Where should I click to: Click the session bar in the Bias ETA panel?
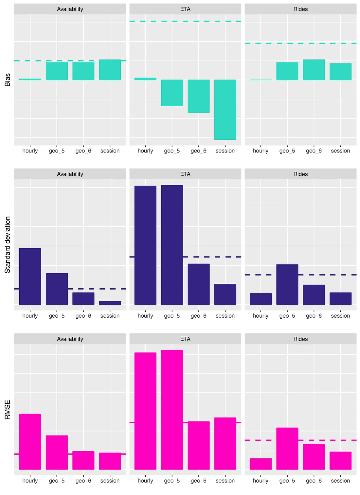click(x=225, y=110)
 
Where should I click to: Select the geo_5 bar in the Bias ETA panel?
click(x=172, y=93)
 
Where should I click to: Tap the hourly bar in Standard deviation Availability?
click(x=30, y=276)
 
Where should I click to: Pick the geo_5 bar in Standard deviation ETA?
click(x=172, y=245)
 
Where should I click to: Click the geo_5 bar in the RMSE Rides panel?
click(x=287, y=449)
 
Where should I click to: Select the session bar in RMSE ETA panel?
click(x=225, y=443)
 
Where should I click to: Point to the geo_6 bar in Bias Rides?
click(x=314, y=70)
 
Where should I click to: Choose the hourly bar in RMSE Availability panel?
click(x=30, y=442)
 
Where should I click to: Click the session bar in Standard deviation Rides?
click(x=340, y=298)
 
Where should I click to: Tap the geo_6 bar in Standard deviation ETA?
click(x=199, y=284)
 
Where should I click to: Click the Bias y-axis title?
click(x=7, y=80)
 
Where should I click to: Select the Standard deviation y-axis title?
click(x=7, y=245)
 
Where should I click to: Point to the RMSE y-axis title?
click(x=7, y=410)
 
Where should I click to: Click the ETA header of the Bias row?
click(x=185, y=9)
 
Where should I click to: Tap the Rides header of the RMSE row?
click(x=300, y=339)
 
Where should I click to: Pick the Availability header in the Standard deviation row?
click(x=70, y=174)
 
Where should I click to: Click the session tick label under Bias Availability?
click(x=110, y=151)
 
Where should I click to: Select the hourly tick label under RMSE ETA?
click(x=145, y=481)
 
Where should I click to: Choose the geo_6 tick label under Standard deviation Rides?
click(x=314, y=316)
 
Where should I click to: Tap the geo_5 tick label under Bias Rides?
click(x=287, y=151)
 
